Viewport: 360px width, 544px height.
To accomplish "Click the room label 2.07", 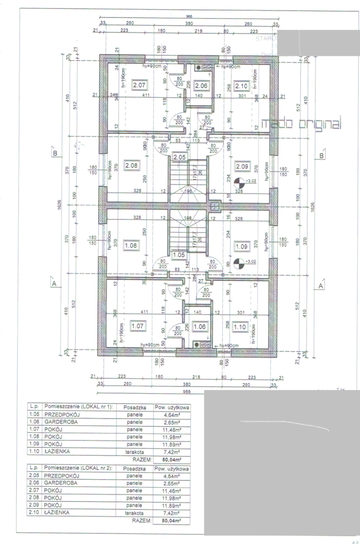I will [x=140, y=85].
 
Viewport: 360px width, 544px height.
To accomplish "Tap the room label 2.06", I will [x=201, y=86].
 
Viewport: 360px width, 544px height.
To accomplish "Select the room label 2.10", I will [x=241, y=86].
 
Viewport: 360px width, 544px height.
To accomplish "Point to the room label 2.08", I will [x=132, y=166].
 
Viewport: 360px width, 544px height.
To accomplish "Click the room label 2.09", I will [x=242, y=166].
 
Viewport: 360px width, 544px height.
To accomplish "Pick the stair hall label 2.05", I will [x=179, y=157].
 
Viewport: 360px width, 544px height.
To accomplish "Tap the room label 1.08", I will [x=131, y=246].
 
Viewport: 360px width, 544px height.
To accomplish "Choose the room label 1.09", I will [x=241, y=246].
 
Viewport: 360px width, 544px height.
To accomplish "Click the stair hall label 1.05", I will [x=179, y=255].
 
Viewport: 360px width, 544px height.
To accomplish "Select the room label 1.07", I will [x=138, y=326].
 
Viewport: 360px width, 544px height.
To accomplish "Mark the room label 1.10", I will [x=240, y=326].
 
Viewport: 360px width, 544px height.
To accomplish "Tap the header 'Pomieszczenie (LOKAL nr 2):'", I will [x=78, y=469].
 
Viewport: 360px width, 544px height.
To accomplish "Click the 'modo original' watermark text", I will [x=306, y=124].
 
